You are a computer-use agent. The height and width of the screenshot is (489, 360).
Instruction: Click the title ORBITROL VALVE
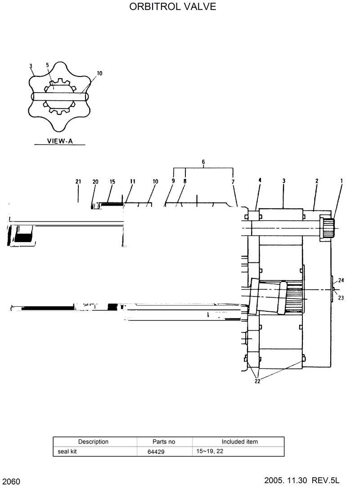[173, 7]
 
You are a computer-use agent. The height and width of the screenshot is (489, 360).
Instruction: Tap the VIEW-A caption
[60, 141]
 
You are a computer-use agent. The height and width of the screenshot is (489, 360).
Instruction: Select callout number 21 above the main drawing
[78, 181]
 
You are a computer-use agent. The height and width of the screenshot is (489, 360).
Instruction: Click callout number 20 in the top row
[95, 181]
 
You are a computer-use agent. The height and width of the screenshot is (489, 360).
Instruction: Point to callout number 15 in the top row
[112, 181]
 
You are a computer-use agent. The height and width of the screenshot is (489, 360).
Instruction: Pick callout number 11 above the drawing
[133, 181]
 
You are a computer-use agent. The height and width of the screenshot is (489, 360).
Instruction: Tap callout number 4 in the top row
[260, 180]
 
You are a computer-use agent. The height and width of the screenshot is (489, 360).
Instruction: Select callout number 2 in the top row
[317, 181]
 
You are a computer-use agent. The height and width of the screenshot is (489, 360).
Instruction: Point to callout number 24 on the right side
[341, 280]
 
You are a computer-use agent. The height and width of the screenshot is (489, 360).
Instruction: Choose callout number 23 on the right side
[341, 297]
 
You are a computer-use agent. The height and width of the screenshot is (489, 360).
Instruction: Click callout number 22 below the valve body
[257, 381]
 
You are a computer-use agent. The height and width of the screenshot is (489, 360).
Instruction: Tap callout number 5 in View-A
[47, 65]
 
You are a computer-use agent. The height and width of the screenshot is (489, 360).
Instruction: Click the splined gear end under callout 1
[328, 228]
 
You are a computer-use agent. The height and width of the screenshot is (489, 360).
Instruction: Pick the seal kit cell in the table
[67, 451]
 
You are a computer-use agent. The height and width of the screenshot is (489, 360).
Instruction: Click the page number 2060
[11, 482]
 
